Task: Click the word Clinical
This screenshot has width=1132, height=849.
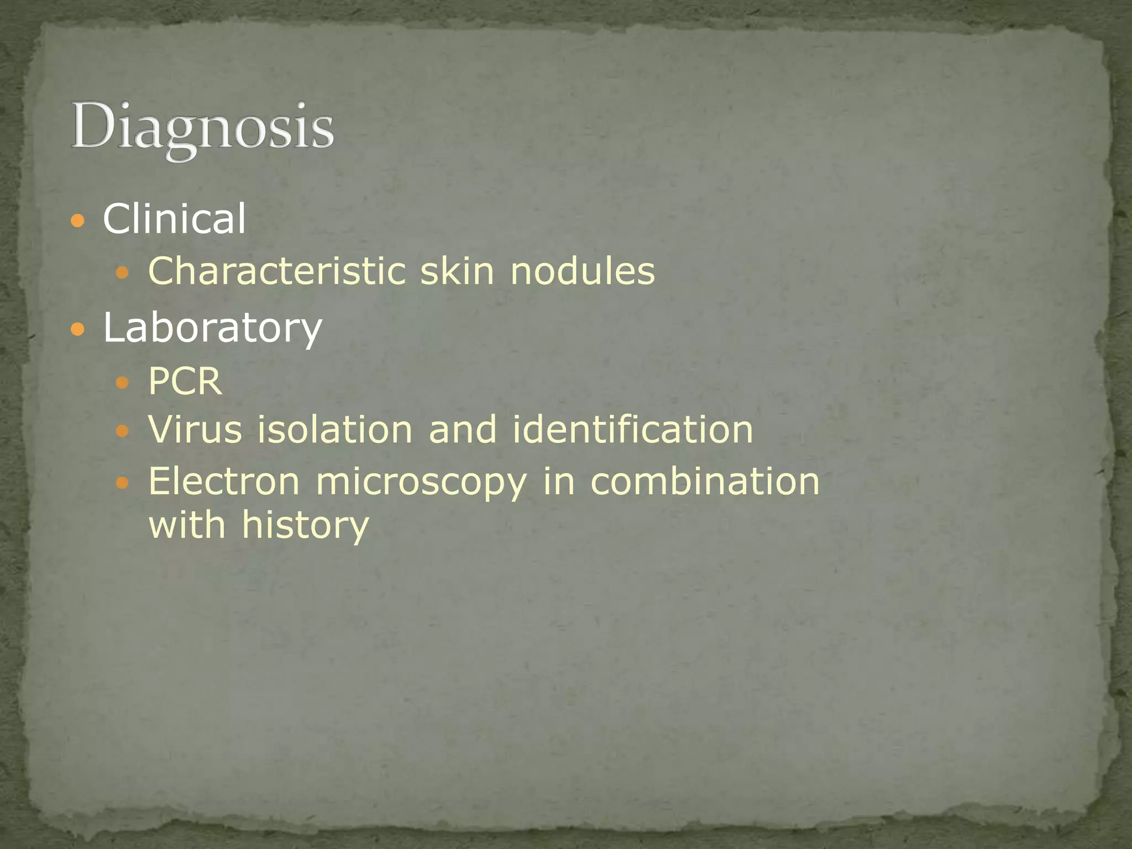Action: (174, 218)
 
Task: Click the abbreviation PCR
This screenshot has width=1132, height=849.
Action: (185, 381)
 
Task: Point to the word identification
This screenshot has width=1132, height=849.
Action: (633, 429)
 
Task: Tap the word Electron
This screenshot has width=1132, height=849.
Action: (224, 481)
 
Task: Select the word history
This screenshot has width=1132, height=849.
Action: (305, 525)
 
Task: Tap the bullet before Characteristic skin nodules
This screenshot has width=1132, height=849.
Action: (123, 272)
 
